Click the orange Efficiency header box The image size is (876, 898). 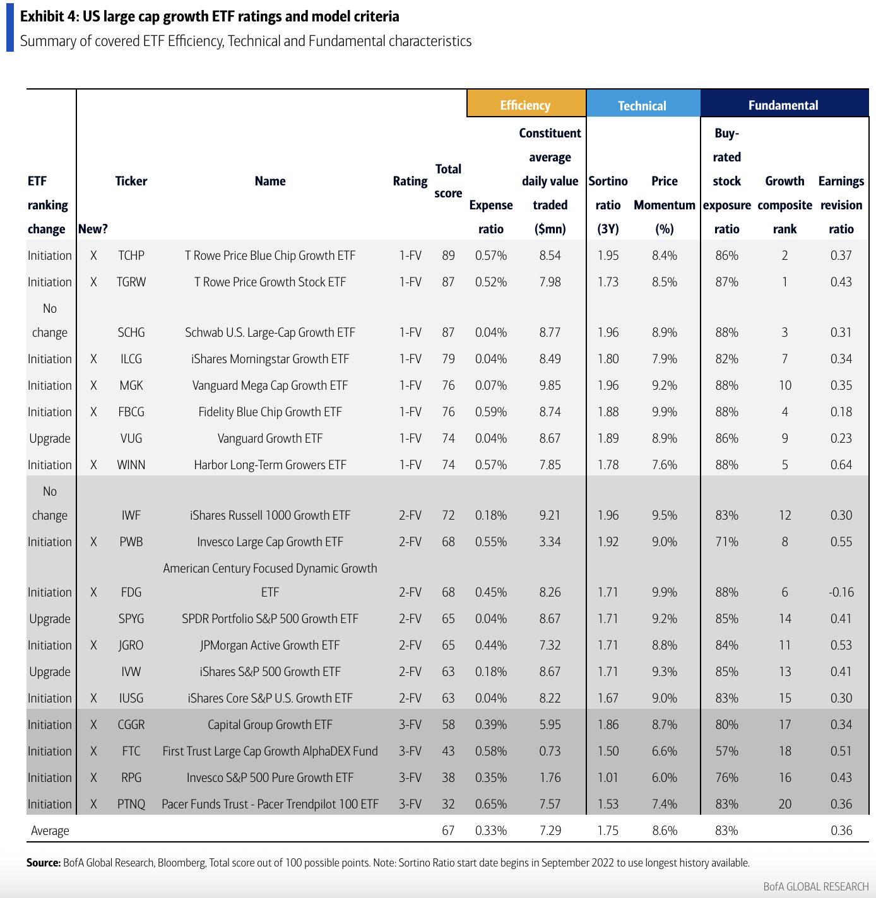click(526, 105)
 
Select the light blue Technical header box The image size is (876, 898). click(642, 105)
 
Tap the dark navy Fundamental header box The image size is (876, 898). click(783, 105)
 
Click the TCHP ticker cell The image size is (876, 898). click(131, 255)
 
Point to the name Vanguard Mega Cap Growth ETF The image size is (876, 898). click(270, 385)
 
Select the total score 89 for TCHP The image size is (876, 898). click(448, 255)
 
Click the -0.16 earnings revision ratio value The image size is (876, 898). click(841, 592)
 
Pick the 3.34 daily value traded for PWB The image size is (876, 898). click(550, 542)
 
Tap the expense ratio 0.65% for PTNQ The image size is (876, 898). click(491, 804)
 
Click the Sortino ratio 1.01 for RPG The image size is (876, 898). click(608, 778)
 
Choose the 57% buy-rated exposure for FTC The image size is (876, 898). click(726, 751)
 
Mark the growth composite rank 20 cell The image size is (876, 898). click(784, 804)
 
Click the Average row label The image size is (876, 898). click(50, 831)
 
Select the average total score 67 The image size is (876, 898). click(448, 831)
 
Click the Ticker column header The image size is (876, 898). click(131, 181)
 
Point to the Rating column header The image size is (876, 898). click(410, 181)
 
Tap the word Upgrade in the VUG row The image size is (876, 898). click(50, 438)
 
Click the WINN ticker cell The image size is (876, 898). click(131, 465)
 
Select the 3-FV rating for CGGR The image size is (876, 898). click(410, 725)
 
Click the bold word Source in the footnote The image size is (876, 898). click(43, 863)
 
